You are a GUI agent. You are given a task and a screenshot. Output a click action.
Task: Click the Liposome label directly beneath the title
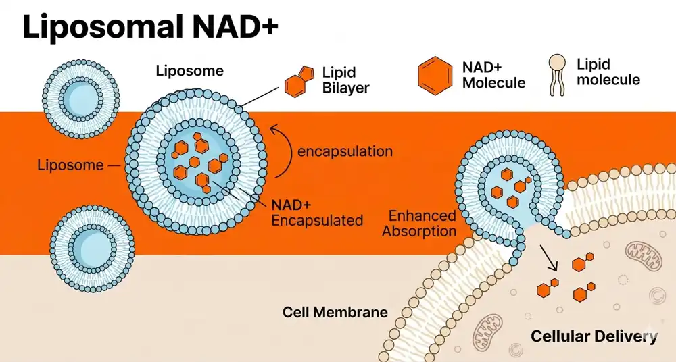[x=189, y=70]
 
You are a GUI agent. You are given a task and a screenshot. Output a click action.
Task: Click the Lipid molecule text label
[x=608, y=72]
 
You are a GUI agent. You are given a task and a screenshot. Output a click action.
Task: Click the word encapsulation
[x=345, y=151]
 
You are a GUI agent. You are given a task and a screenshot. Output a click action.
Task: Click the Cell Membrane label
[x=335, y=312]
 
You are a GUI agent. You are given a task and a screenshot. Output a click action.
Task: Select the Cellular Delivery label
[x=593, y=336]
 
